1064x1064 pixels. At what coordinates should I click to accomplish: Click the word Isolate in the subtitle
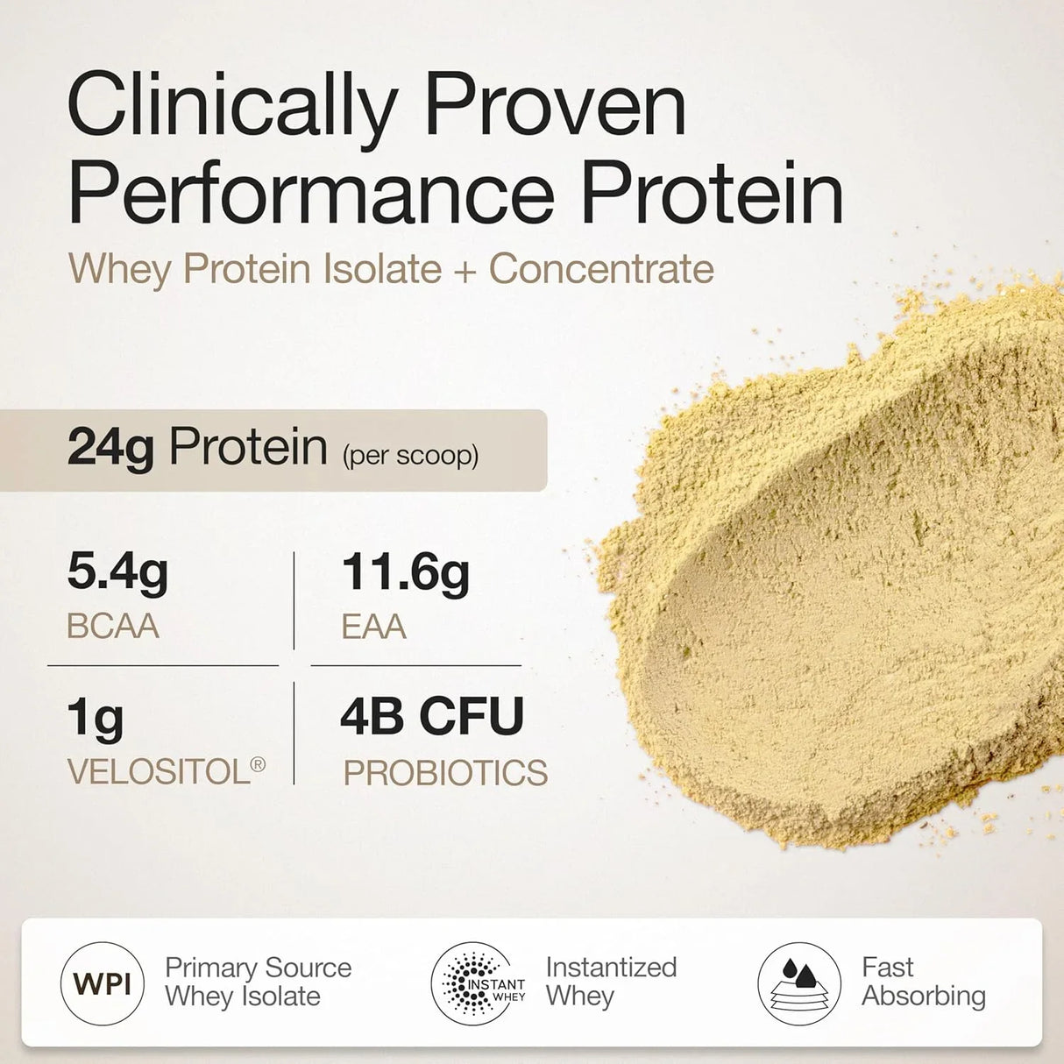coord(382,269)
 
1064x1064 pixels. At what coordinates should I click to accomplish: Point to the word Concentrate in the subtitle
coord(601,269)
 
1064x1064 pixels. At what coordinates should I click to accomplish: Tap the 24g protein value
coord(110,448)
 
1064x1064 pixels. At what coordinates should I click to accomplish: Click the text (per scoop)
coord(410,456)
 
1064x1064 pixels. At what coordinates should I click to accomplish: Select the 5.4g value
coord(117,572)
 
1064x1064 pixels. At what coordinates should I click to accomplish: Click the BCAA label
coord(113,627)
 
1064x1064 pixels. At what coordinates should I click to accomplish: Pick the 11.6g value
coord(405,572)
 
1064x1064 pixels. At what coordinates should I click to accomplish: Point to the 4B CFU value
coord(432,716)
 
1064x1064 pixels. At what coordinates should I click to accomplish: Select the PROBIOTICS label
coord(445,773)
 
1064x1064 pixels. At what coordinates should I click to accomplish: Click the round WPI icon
coord(103,983)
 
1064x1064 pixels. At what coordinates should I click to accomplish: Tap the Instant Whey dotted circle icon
coord(479,983)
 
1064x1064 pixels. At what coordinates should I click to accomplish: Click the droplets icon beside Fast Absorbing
coord(798,983)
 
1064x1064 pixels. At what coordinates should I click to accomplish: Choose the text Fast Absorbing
coord(923,982)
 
